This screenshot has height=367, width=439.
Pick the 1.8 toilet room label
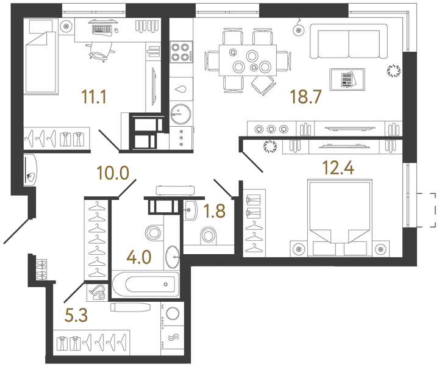click(x=213, y=211)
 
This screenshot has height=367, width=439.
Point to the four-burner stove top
click(x=180, y=53)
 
